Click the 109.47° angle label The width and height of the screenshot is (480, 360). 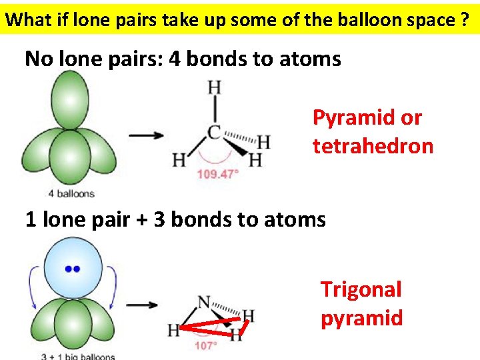217,175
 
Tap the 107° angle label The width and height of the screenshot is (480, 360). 206,345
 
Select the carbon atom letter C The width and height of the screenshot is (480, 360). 215,132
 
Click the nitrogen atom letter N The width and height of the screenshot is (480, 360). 205,303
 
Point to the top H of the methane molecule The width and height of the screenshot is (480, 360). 215,87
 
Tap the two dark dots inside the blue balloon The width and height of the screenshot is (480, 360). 72,269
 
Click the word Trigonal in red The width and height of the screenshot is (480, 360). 361,289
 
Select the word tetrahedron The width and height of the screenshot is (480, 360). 373,146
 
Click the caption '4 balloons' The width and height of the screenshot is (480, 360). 71,194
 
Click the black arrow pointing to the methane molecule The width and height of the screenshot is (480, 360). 146,135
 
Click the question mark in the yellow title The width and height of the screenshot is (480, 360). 464,19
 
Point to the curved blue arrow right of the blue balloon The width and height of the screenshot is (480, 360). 113,287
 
